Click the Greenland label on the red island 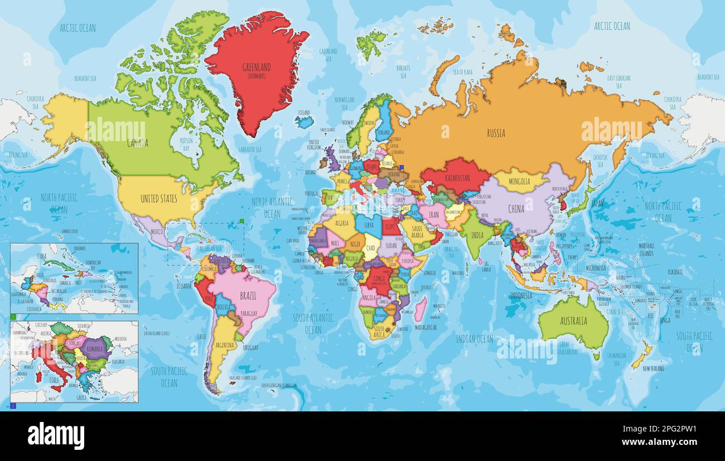pyautogui.click(x=256, y=67)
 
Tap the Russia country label pyautogui.click(x=496, y=133)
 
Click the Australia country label pyautogui.click(x=573, y=321)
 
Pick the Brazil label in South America pyautogui.click(x=248, y=296)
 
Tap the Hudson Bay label pyautogui.click(x=182, y=145)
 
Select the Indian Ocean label pyautogui.click(x=474, y=339)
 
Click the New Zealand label pyautogui.click(x=653, y=368)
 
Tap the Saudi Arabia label pyautogui.click(x=414, y=231)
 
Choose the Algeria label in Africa pyautogui.click(x=340, y=222)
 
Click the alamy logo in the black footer pyautogui.click(x=56, y=435)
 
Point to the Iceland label pyautogui.click(x=303, y=112)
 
